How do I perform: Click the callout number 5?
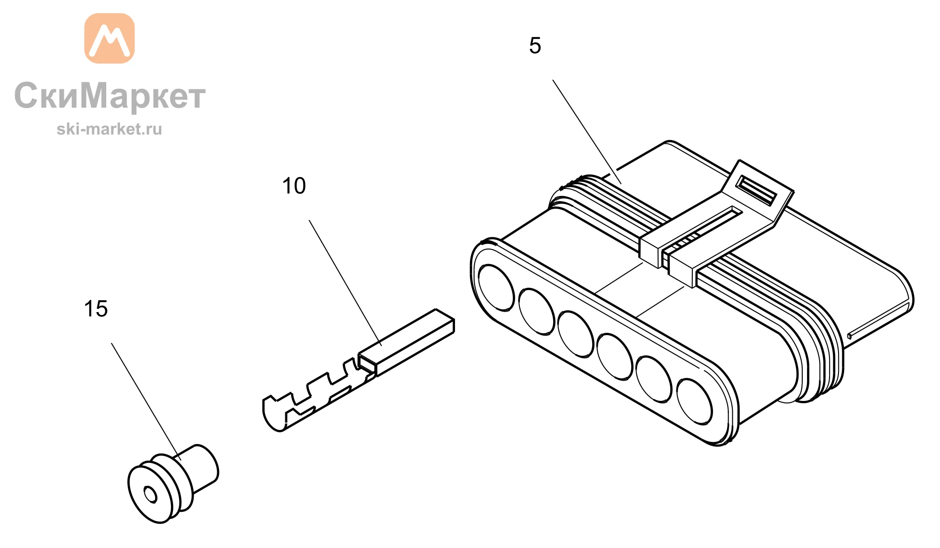pos(535,46)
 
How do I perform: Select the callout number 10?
pos(294,186)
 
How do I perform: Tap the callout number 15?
pos(96,309)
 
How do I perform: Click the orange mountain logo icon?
pos(110,38)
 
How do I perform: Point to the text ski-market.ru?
pos(109,129)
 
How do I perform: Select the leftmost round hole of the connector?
pos(496,288)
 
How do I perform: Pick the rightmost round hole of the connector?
pos(695,401)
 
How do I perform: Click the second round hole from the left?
pos(536,311)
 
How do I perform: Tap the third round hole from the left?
pos(576,334)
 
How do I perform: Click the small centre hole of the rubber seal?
pos(150,494)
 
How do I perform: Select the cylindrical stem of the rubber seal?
pos(200,468)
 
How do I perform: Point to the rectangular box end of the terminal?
pos(407,342)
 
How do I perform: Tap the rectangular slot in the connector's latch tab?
pos(756,190)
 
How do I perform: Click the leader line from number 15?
pos(146,401)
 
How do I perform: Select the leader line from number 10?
pos(345,282)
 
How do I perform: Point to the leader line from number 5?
pos(587,132)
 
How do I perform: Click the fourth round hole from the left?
pos(615,356)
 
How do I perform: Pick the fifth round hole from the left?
pos(654,379)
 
